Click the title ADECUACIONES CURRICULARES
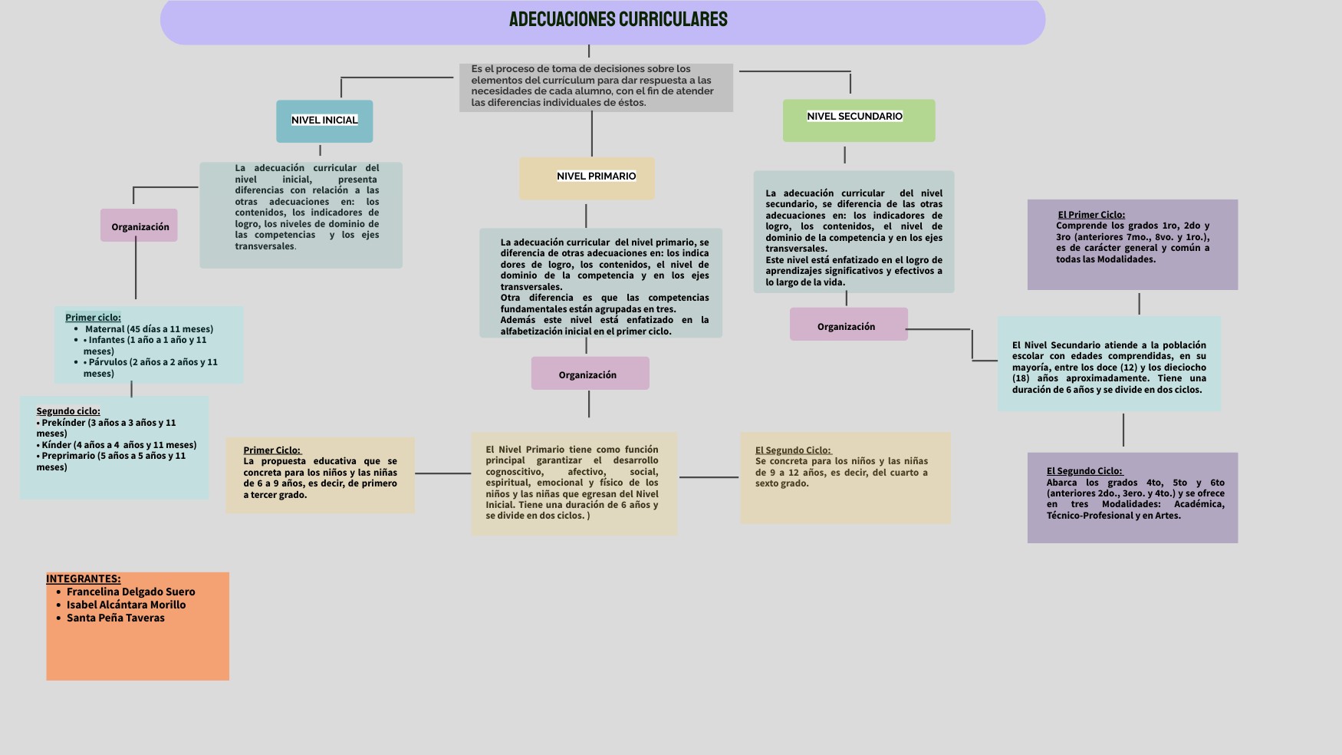(618, 20)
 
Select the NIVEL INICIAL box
(324, 120)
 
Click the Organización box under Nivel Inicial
(140, 226)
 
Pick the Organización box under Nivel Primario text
(588, 374)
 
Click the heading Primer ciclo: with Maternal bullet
(93, 317)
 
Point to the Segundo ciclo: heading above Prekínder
(68, 410)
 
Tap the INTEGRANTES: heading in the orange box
(83, 579)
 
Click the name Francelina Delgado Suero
(130, 592)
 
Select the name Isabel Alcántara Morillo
(126, 605)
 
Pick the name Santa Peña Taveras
(115, 618)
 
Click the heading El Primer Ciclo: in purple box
(1091, 215)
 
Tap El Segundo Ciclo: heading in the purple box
(1084, 471)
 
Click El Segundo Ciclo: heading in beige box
(793, 450)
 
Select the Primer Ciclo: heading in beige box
(272, 450)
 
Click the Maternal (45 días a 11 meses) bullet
(149, 329)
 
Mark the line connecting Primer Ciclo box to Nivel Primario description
(442, 473)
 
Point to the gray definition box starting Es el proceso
(596, 87)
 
